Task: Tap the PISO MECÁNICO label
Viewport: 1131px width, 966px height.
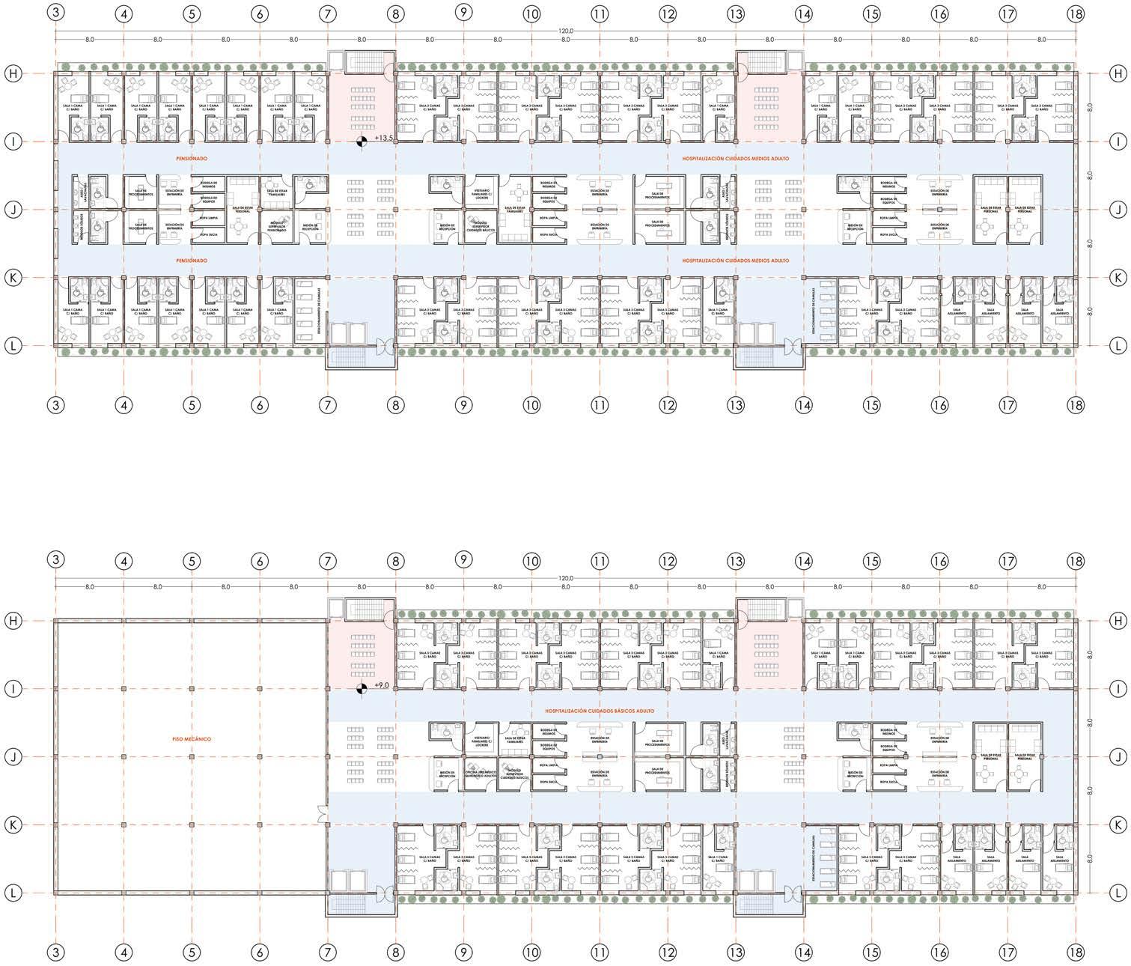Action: pyautogui.click(x=192, y=739)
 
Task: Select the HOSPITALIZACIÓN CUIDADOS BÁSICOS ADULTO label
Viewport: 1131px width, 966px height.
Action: pyautogui.click(x=599, y=711)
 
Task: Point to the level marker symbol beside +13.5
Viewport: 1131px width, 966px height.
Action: pyautogui.click(x=362, y=139)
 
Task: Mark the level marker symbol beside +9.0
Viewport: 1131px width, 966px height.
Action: pyautogui.click(x=362, y=686)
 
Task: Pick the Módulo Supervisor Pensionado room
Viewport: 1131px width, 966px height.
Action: pyautogui.click(x=276, y=227)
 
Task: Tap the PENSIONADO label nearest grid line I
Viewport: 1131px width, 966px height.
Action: pyautogui.click(x=192, y=159)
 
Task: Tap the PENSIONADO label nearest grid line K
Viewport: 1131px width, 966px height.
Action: pyautogui.click(x=192, y=261)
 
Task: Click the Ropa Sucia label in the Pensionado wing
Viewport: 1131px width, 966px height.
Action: pyautogui.click(x=208, y=235)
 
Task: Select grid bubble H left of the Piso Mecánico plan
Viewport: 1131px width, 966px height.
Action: pyautogui.click(x=13, y=621)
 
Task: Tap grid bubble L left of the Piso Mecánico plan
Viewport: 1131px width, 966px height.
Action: pyautogui.click(x=13, y=893)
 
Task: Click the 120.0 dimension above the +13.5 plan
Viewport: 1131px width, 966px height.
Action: pyautogui.click(x=566, y=31)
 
